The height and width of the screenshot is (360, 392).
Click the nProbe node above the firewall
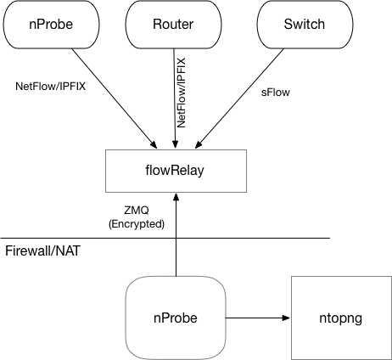51,25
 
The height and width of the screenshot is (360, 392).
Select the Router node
173,25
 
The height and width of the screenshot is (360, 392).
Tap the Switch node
305,25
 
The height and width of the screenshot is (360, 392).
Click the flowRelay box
176,171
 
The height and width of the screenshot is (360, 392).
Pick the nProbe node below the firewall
176,318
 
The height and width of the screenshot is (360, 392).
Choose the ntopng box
341,318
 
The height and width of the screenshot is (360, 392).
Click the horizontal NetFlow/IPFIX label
50,87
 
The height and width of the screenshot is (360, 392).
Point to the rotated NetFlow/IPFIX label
181,93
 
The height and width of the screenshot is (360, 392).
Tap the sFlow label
276,93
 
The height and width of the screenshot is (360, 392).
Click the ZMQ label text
137,211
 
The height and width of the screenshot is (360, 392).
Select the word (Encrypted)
137,224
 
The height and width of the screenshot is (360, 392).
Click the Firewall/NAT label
42,251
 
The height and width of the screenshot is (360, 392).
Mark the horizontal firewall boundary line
165,238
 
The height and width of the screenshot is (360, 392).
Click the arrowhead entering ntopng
287,318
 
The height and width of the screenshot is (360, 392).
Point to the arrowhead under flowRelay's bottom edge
176,197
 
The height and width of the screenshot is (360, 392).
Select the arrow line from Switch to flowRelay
239,98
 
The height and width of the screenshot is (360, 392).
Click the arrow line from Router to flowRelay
175,98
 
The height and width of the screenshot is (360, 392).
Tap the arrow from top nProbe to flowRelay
114,98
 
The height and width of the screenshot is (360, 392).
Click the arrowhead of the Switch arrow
199,144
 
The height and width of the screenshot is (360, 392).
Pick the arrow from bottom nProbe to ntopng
258,318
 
